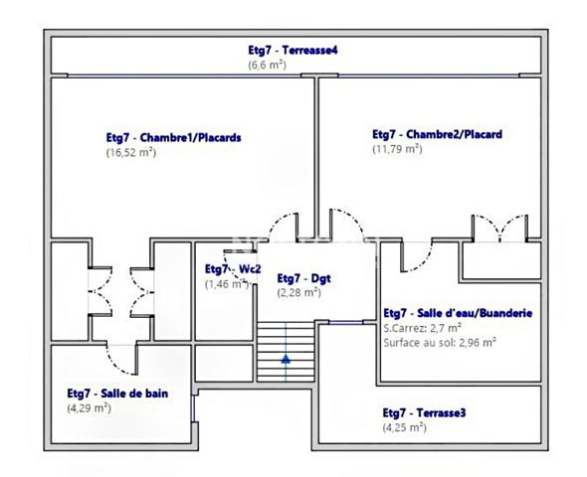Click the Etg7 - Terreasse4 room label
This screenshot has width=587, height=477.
pyautogui.click(x=293, y=50)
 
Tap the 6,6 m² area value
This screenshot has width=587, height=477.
pyautogui.click(x=267, y=65)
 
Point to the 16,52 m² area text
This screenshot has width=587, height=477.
pyautogui.click(x=131, y=152)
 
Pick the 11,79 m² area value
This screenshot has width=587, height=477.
pyautogui.click(x=397, y=149)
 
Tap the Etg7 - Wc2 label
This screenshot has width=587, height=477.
pyautogui.click(x=233, y=269)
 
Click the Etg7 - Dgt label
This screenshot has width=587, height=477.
pyautogui.click(x=304, y=278)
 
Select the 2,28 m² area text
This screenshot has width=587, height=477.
pyautogui.click(x=299, y=292)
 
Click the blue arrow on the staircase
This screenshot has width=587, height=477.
pyautogui.click(x=286, y=359)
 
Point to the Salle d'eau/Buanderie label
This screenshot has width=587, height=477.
pyautogui.click(x=458, y=313)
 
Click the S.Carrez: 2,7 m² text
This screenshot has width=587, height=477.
pyautogui.click(x=422, y=328)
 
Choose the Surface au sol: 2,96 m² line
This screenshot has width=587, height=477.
pyautogui.click(x=440, y=343)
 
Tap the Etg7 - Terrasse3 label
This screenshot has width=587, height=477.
pyautogui.click(x=424, y=412)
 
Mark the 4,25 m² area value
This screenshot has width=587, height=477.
pyautogui.click(x=405, y=427)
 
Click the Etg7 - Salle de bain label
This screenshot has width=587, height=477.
pyautogui.click(x=117, y=394)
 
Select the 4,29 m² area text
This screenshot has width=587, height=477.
pyautogui.click(x=90, y=407)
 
